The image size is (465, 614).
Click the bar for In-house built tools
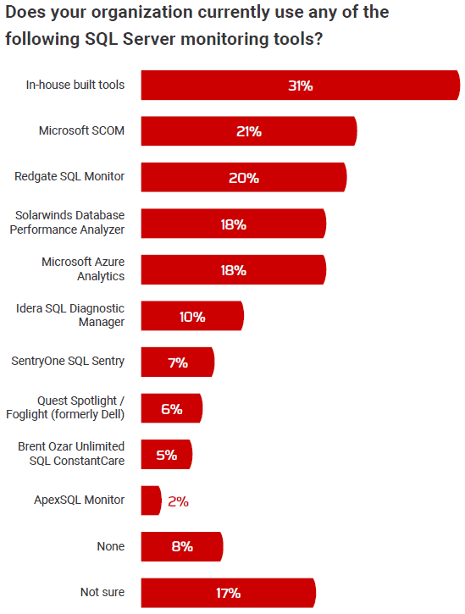pyautogui.click(x=300, y=86)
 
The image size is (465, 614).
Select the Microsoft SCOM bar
pyautogui.click(x=248, y=131)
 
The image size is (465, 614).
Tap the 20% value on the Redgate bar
pyautogui.click(x=243, y=178)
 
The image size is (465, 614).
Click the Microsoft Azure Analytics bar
pyautogui.click(x=233, y=270)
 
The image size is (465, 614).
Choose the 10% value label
pyautogui.click(x=191, y=317)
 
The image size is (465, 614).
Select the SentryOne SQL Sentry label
pyautogui.click(x=68, y=362)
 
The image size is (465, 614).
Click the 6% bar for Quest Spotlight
pyautogui.click(x=171, y=408)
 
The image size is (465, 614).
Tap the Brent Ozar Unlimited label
pyautogui.click(x=71, y=454)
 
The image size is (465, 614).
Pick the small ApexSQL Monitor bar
pyautogui.click(x=150, y=501)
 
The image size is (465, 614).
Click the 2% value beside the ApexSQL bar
pyautogui.click(x=178, y=501)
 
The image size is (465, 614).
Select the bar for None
pyautogui.click(x=181, y=546)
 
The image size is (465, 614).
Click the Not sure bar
pyautogui.click(x=228, y=593)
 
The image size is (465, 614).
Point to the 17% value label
pyautogui.click(x=228, y=593)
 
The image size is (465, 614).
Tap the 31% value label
pyautogui.click(x=300, y=86)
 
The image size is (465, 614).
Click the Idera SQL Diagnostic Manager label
pyautogui.click(x=71, y=316)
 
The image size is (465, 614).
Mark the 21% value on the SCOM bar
pyautogui.click(x=248, y=131)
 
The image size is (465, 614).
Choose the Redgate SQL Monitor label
pyautogui.click(x=69, y=177)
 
